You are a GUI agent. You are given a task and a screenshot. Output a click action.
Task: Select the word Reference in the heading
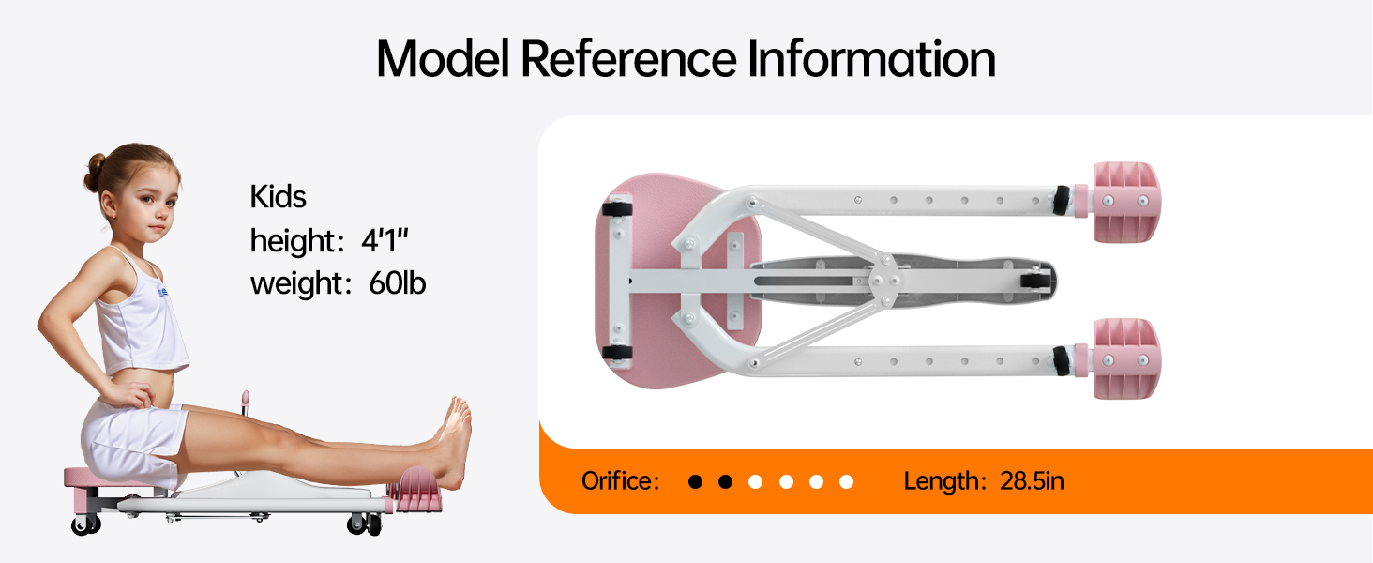(x=627, y=60)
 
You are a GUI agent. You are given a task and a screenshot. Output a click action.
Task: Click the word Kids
(x=278, y=197)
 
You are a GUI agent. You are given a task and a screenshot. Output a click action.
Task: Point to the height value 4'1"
(x=385, y=241)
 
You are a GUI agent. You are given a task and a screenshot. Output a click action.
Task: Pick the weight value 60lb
(x=397, y=283)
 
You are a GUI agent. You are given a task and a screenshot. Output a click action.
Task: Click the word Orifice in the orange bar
(x=619, y=481)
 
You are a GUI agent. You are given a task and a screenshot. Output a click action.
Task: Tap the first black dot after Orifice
(x=695, y=482)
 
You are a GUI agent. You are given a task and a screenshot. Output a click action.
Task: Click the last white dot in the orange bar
(x=846, y=482)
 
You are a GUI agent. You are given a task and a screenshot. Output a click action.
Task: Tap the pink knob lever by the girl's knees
(x=246, y=398)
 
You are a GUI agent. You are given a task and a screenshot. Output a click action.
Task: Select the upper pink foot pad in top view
(x=1124, y=203)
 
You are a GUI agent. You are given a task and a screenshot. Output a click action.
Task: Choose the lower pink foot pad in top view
(x=1125, y=358)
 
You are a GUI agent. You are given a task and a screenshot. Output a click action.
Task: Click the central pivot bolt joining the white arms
(x=883, y=279)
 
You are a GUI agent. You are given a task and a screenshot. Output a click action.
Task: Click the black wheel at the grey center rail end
(x=1035, y=280)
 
